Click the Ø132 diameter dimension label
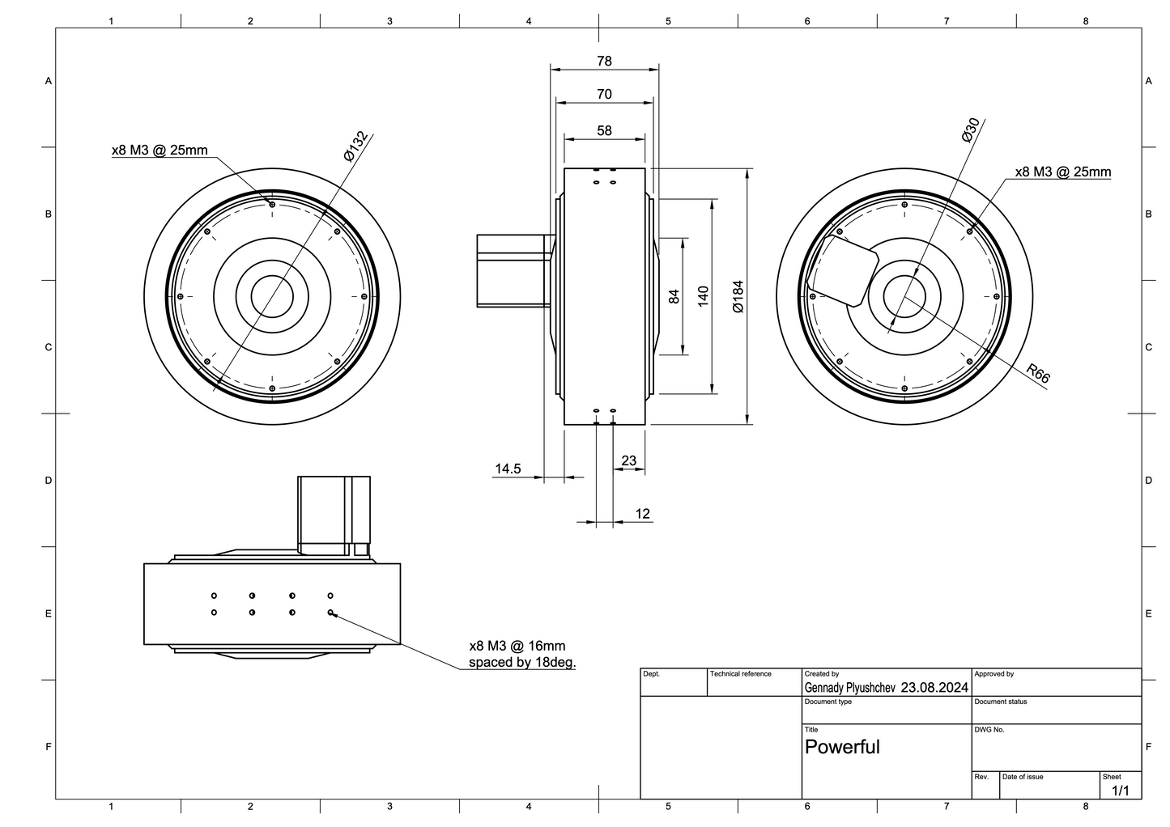pyautogui.click(x=355, y=146)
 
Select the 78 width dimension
pyautogui.click(x=604, y=61)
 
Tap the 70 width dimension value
pyautogui.click(x=604, y=95)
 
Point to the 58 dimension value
pyautogui.click(x=604, y=130)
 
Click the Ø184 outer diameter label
pyautogui.click(x=738, y=296)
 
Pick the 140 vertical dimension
pyautogui.click(x=703, y=296)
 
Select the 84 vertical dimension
pyautogui.click(x=674, y=296)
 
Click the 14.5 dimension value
pyautogui.click(x=508, y=469)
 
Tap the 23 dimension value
pyautogui.click(x=629, y=461)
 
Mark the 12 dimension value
pyautogui.click(x=643, y=514)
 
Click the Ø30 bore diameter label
pyautogui.click(x=971, y=129)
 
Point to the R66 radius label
pyautogui.click(x=1037, y=374)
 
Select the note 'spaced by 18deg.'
pyautogui.click(x=523, y=663)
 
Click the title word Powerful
pyautogui.click(x=842, y=747)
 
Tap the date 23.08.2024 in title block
pyautogui.click(x=934, y=688)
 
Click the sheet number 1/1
pyautogui.click(x=1121, y=791)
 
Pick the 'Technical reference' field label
pyautogui.click(x=741, y=674)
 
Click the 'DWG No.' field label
pyautogui.click(x=989, y=730)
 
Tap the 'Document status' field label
pyautogui.click(x=1001, y=702)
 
